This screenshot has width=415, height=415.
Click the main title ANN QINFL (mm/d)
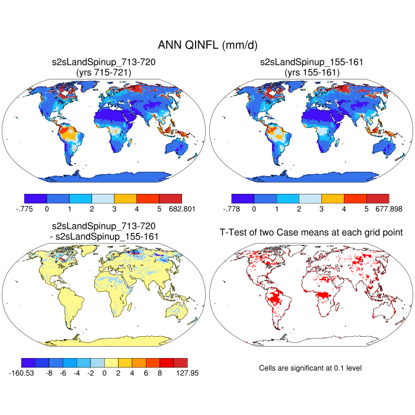[x=207, y=45]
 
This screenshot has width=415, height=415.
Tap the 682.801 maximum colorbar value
[x=181, y=209]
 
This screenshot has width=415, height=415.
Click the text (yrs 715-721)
[x=103, y=72]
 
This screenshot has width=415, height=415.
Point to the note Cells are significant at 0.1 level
[x=311, y=368]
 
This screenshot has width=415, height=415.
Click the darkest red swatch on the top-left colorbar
[x=171, y=199]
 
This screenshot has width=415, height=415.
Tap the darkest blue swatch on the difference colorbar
[x=28, y=362]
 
